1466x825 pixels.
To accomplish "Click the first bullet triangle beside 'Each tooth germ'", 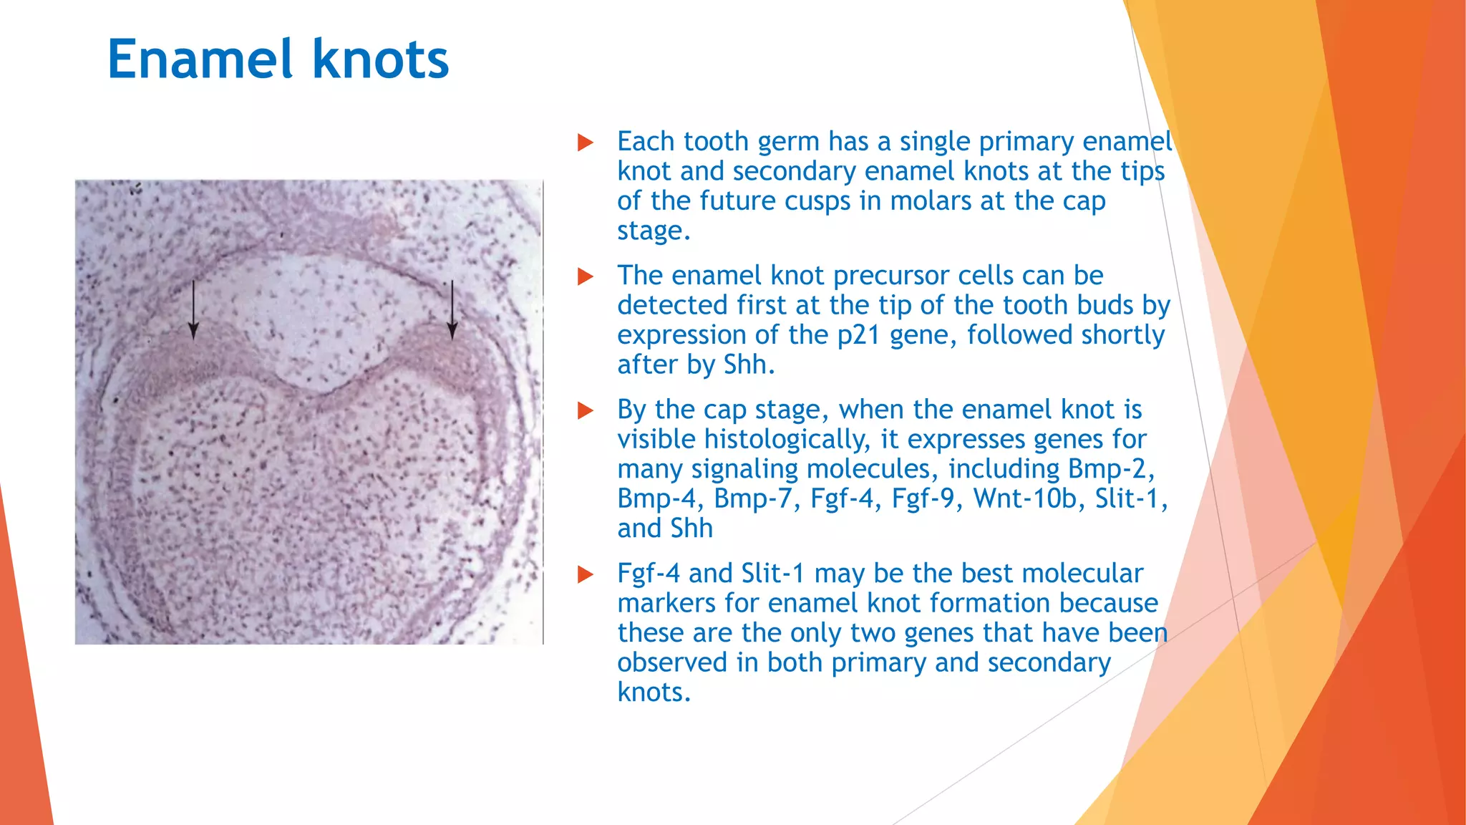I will (586, 143).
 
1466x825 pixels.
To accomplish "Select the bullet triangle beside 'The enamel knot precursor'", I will (586, 276).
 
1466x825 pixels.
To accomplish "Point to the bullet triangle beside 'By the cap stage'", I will (586, 410).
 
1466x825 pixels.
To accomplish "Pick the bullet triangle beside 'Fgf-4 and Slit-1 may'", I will (586, 574).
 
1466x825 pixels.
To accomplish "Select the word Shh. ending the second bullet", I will (749, 365).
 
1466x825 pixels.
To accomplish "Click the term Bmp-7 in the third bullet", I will (757, 498).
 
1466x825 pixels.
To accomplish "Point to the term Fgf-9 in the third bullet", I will (923, 498).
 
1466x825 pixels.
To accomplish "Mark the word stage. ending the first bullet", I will (654, 231).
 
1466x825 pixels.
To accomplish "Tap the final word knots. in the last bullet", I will (654, 692).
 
